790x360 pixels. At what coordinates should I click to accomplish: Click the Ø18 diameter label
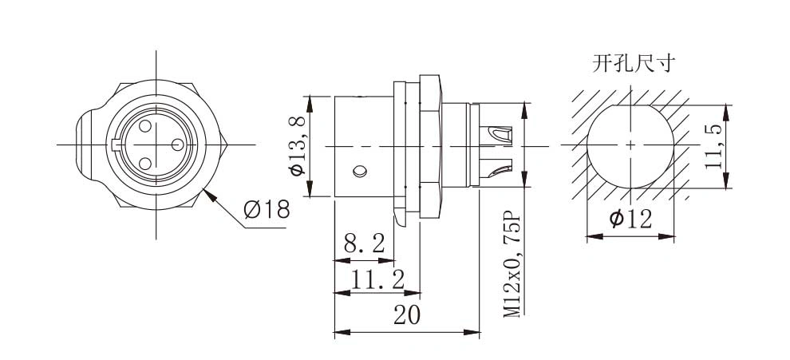point(267,209)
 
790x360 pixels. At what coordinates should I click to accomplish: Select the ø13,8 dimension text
point(298,145)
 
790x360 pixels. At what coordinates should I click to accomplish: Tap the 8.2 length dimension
point(364,244)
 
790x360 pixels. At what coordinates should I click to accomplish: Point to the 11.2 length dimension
point(377,279)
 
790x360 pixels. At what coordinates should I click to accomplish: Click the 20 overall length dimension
point(407,315)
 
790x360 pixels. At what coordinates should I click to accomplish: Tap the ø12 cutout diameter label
point(630,219)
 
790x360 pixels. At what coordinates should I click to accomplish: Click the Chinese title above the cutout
point(634,64)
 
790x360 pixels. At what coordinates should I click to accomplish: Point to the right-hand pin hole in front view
point(177,144)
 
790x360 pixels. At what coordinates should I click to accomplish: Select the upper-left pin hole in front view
point(145,126)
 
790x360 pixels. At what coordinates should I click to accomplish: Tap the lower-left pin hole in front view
point(145,164)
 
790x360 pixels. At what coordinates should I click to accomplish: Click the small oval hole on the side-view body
point(360,171)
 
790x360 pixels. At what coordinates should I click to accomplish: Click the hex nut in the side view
point(431,147)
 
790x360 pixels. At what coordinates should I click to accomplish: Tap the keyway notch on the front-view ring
point(117,145)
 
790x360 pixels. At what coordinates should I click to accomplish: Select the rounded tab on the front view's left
point(85,145)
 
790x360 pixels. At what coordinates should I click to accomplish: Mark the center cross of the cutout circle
point(630,145)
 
